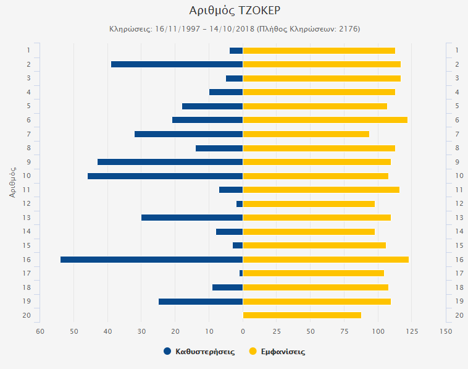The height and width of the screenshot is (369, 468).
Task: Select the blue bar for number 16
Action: coord(151,260)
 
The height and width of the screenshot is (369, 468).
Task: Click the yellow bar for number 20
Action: coord(302,315)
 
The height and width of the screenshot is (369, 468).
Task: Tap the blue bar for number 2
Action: coord(177,64)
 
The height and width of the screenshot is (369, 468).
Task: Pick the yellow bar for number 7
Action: coord(306,134)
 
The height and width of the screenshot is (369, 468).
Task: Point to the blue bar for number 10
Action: coord(165,176)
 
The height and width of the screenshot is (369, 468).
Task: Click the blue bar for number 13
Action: coord(192,218)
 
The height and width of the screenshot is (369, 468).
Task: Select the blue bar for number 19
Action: coord(201,302)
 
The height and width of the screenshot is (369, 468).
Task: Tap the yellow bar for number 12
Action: coord(309,204)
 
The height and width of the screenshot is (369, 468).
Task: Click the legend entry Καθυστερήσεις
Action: coord(199,352)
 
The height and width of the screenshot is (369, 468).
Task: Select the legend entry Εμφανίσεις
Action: coord(277,352)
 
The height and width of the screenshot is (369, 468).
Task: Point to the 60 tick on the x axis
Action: coord(40,331)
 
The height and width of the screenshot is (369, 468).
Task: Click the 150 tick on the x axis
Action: coord(445,331)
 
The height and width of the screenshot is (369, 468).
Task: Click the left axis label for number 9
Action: coord(28,162)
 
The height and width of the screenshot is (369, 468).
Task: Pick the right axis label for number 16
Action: coord(459,260)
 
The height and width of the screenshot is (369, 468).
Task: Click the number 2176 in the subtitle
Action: coord(348,29)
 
